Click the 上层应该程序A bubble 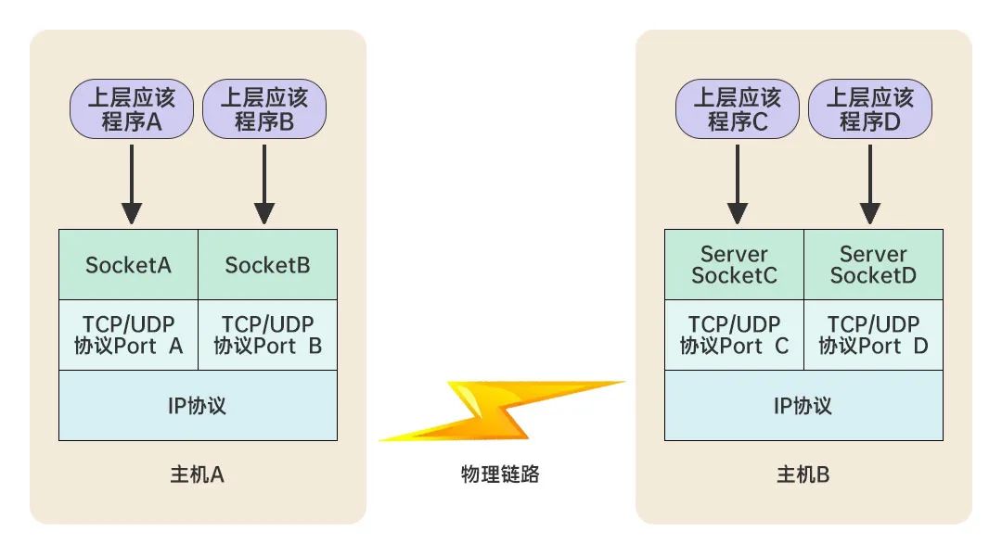tap(132, 109)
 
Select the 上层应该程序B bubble tap(264, 109)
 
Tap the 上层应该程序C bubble tap(738, 109)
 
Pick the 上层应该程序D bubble tap(870, 109)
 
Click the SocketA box tap(128, 265)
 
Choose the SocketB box tap(267, 265)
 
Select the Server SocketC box tap(734, 265)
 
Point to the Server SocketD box tap(873, 265)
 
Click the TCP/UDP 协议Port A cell tap(128, 335)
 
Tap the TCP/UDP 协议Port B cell tap(267, 335)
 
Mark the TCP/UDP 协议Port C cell tap(734, 335)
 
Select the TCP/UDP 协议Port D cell tap(873, 335)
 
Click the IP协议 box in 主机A tap(198, 406)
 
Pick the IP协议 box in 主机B tap(803, 406)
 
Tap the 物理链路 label tap(500, 475)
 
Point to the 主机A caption tap(198, 475)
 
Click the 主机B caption tap(803, 475)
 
